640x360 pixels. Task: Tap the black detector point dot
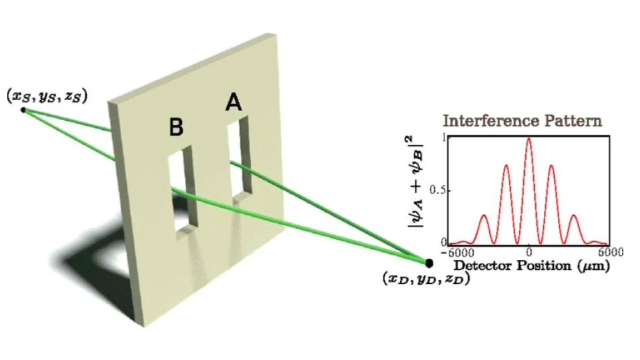(x=429, y=263)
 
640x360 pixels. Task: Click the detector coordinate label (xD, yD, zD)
(x=427, y=279)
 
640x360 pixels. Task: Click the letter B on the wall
(x=176, y=127)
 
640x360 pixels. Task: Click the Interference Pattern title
(x=522, y=121)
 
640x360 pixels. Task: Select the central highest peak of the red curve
(x=529, y=139)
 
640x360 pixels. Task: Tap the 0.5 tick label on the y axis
(x=437, y=191)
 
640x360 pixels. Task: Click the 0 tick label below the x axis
(x=529, y=253)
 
